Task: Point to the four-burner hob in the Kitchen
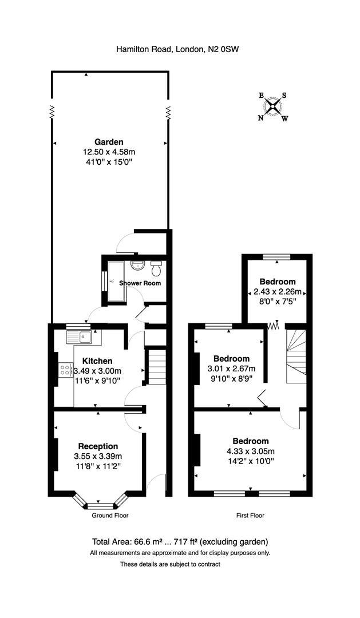pos(65,370)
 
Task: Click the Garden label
pos(109,142)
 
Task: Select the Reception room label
pos(98,446)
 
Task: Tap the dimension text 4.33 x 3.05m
pos(251,451)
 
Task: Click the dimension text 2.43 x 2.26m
pos(278,292)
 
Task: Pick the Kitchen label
pos(97,361)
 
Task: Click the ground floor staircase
pos(157,366)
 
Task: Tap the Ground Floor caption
pos(110,516)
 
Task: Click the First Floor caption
pos(250,516)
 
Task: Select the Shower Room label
pos(140,283)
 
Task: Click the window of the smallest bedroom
pos(277,257)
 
